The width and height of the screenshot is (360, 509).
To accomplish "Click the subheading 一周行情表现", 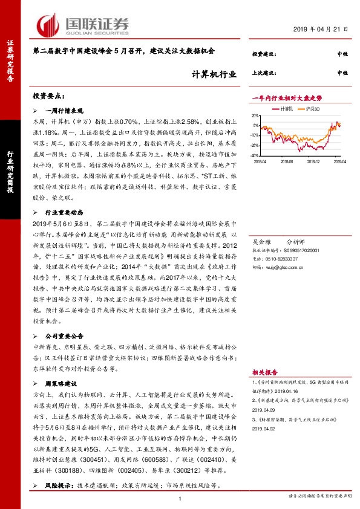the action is [x=65, y=111].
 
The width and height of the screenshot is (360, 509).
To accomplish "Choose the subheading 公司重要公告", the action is [x=65, y=335].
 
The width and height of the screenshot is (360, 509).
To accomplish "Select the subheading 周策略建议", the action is [x=61, y=383].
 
